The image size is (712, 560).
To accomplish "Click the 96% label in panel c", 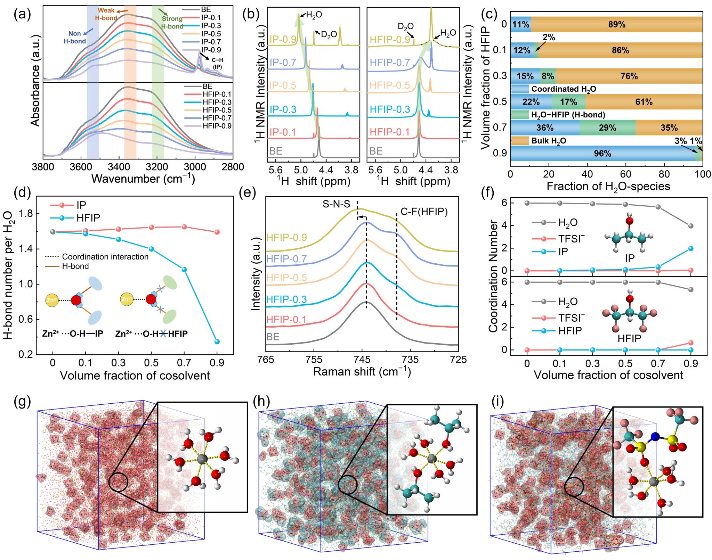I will [602, 154].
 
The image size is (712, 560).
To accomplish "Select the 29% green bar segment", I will [607, 128].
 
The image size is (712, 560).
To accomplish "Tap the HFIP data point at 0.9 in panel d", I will [217, 341].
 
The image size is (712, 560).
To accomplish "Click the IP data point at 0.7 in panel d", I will [184, 227].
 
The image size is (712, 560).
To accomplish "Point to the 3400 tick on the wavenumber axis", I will [119, 167].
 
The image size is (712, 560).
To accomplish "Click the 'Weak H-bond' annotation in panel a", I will [106, 14].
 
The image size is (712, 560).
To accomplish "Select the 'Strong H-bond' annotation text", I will [172, 22].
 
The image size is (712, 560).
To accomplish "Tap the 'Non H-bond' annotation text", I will [75, 37].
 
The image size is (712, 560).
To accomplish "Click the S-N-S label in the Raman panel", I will [336, 204].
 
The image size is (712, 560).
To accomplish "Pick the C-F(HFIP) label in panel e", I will [424, 212].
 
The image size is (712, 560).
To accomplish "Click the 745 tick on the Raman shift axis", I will [362, 360].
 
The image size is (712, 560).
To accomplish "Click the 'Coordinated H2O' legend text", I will [564, 89].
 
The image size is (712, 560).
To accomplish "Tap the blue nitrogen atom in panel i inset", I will [655, 436].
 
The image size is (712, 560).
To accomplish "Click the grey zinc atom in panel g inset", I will [202, 459].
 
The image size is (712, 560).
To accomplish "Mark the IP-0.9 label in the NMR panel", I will [283, 39].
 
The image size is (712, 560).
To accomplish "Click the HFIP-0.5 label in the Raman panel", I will [286, 278].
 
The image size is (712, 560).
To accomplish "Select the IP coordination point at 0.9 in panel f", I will [690, 248].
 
